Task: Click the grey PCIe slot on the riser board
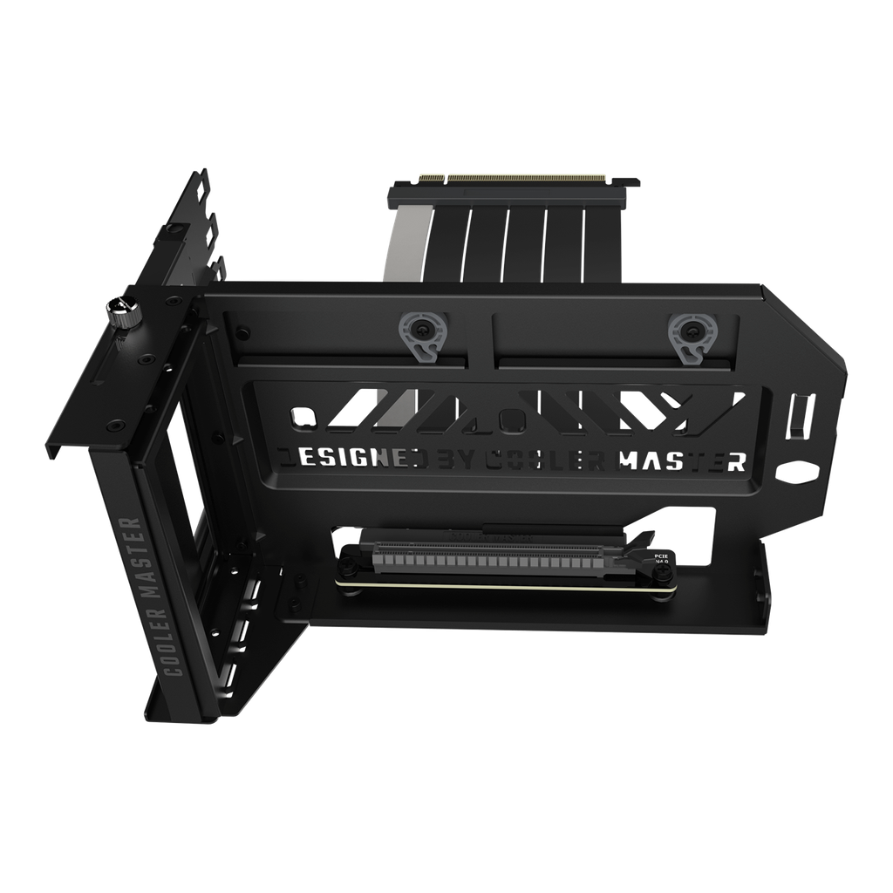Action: pyautogui.click(x=506, y=555)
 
